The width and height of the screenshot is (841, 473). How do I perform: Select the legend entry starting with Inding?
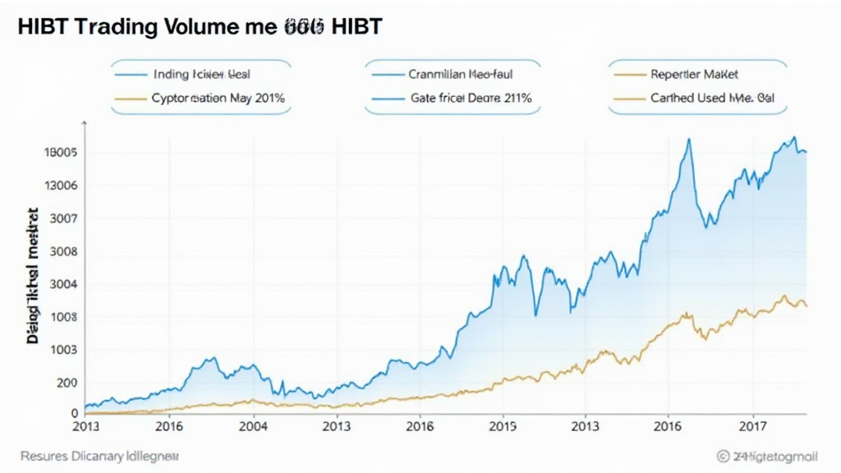click(201, 73)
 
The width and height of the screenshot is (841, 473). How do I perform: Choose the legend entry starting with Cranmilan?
click(462, 73)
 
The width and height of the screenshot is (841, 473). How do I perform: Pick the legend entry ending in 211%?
click(471, 98)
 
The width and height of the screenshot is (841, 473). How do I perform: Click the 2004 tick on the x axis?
click(253, 427)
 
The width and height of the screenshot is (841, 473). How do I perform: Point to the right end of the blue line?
click(807, 152)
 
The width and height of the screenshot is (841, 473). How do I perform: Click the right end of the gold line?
click(807, 306)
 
